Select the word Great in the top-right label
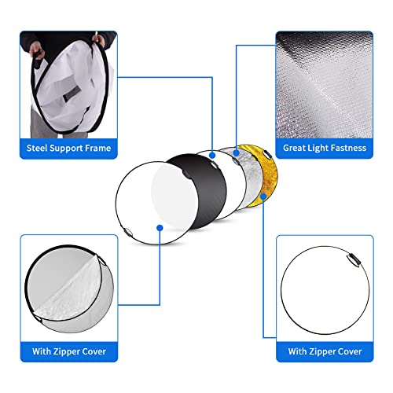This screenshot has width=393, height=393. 295,147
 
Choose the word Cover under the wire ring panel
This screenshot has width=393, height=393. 346,351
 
